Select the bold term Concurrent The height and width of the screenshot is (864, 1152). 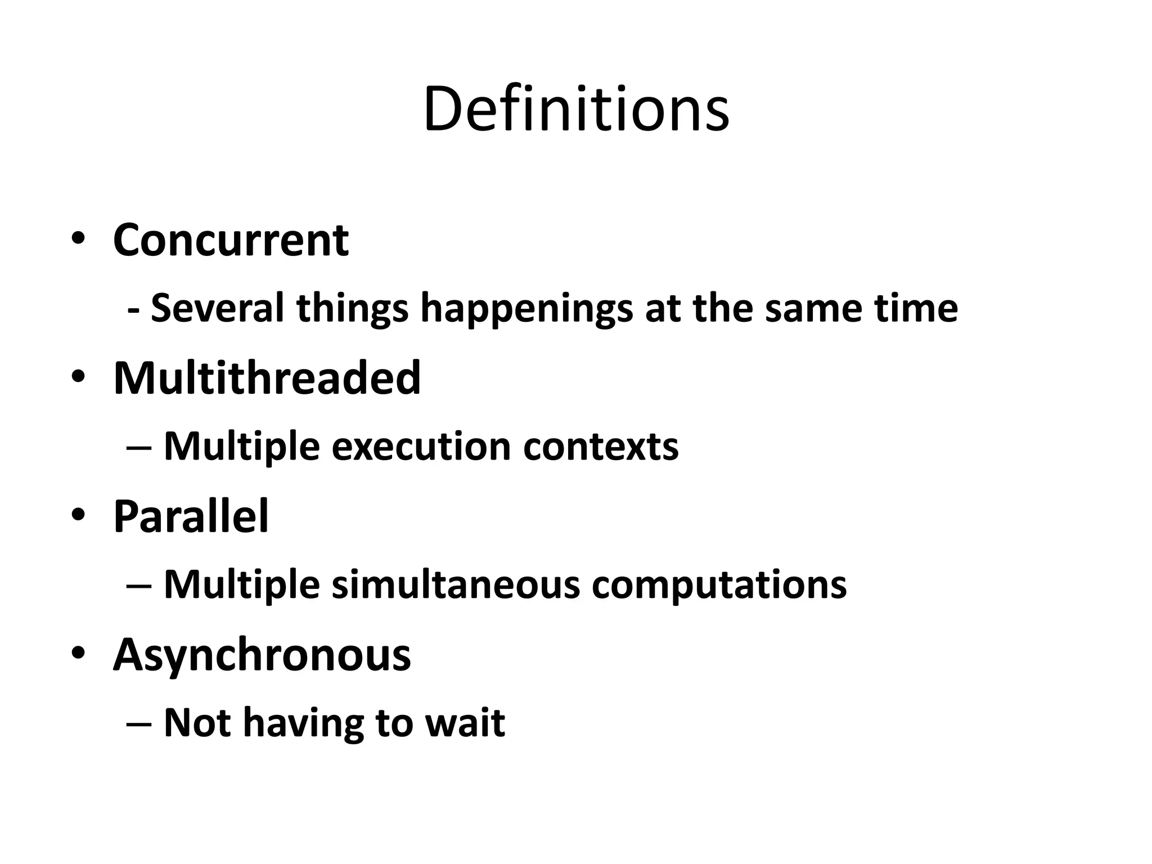231,241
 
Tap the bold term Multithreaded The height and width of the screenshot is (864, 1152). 267,378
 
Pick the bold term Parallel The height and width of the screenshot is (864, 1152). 191,516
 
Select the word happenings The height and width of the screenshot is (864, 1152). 526,309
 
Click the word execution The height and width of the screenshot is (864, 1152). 421,447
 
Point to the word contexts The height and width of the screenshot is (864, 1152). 600,447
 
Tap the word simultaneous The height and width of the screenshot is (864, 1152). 455,585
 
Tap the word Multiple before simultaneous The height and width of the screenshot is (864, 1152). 241,585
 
